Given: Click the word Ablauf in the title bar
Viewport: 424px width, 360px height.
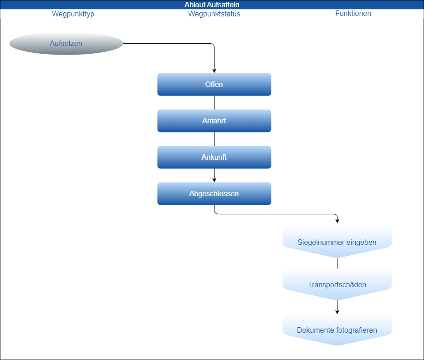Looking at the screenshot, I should [195, 5].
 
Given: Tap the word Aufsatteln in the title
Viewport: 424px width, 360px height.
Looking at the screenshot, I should [223, 5].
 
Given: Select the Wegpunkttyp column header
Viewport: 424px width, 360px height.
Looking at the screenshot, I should [73, 14].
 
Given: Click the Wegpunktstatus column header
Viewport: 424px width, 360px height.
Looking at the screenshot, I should [214, 14].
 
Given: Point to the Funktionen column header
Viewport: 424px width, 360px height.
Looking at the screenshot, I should [353, 13].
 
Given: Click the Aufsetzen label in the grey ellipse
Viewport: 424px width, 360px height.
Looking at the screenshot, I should [66, 44].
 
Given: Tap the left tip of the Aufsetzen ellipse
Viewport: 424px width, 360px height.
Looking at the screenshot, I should [10, 44].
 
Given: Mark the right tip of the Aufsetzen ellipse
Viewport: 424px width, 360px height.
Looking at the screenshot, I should [123, 44].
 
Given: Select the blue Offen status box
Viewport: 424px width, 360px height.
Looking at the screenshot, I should [214, 85].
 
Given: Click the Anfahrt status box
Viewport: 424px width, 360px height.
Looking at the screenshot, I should [214, 121].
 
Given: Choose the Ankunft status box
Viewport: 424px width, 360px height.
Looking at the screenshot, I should [214, 157].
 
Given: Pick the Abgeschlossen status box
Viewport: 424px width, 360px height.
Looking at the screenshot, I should [214, 194].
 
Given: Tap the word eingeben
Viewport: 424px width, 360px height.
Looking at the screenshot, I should [361, 242].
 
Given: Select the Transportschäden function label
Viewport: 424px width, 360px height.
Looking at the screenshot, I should [337, 285].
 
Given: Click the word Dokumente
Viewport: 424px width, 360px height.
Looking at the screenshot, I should [315, 330].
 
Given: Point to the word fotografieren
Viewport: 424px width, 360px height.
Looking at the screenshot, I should [356, 330].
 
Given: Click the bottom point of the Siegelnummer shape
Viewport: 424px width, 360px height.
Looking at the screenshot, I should [337, 257].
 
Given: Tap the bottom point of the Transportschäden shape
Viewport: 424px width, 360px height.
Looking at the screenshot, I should [337, 299].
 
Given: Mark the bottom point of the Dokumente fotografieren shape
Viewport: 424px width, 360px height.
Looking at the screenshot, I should [337, 345].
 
